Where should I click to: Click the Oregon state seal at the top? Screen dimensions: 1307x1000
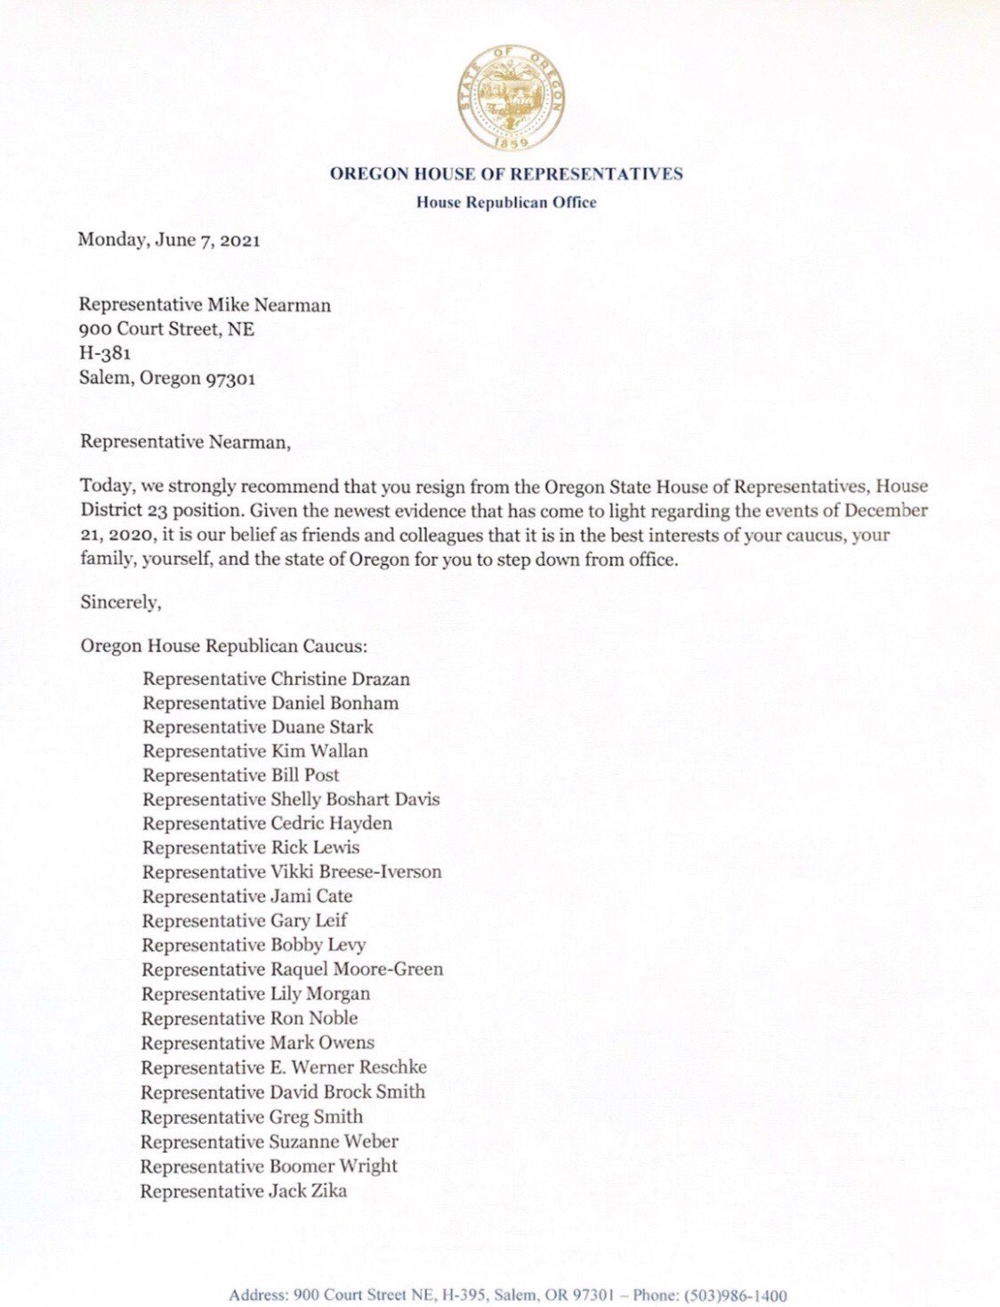point(511,101)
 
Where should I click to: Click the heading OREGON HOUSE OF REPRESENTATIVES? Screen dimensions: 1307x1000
point(506,173)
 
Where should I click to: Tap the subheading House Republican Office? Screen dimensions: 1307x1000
point(506,202)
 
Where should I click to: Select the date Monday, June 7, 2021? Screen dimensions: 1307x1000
point(169,239)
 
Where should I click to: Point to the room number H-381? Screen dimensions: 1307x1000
point(105,353)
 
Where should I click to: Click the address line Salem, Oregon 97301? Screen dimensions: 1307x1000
point(167,378)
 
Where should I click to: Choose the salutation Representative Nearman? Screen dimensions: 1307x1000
point(185,441)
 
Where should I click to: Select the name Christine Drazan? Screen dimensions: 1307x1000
point(341,679)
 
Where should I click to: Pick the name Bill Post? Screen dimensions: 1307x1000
point(305,775)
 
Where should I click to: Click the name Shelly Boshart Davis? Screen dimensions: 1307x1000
point(355,799)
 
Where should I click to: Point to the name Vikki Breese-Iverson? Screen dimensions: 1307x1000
point(356,872)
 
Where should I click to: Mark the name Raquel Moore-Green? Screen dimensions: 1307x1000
point(356,969)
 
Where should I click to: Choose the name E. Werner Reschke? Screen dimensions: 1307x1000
point(348,1067)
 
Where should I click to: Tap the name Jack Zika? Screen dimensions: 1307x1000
point(308,1190)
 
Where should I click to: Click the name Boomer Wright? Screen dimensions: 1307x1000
point(333,1166)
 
